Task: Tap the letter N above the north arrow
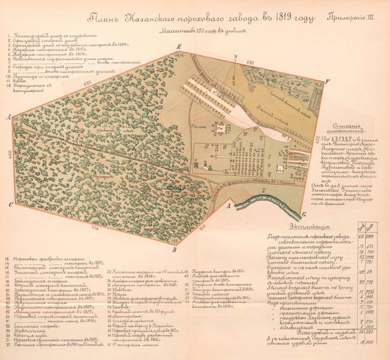(x=235, y=56)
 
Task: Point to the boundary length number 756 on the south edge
(x=95, y=229)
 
